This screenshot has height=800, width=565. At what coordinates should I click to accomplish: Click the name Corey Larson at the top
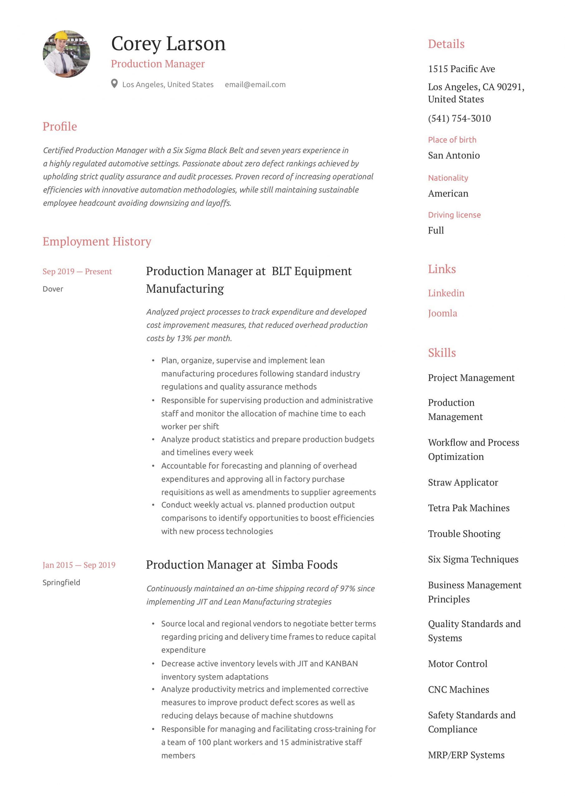click(168, 44)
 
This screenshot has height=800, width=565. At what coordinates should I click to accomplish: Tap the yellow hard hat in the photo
click(61, 36)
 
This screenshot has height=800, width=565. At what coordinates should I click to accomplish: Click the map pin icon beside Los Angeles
click(114, 84)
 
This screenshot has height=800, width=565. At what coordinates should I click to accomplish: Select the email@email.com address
click(255, 85)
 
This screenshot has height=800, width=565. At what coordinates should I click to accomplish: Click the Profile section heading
click(60, 127)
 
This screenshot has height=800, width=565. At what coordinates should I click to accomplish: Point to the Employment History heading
click(97, 242)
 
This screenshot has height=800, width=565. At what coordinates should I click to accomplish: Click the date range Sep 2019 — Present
click(77, 272)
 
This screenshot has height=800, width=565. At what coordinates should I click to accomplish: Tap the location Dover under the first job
click(53, 289)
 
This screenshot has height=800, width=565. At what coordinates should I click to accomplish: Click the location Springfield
click(61, 582)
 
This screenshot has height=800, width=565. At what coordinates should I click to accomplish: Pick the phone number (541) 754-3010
click(459, 118)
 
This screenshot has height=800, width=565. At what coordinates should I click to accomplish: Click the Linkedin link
click(446, 293)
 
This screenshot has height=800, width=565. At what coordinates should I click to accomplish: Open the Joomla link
click(442, 313)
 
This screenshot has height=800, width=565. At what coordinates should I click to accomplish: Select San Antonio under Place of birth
click(454, 155)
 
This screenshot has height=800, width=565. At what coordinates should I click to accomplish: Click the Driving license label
click(454, 215)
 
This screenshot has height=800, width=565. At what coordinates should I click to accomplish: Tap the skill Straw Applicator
click(463, 482)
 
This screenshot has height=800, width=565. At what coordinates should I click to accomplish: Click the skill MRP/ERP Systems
click(466, 755)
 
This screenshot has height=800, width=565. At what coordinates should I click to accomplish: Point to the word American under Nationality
click(448, 193)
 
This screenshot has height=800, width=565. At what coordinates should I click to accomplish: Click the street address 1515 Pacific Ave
click(461, 69)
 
